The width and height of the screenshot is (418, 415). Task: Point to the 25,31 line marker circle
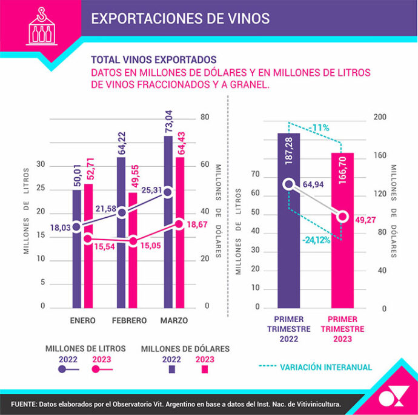coord(168,192)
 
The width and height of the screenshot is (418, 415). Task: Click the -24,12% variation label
coord(316,240)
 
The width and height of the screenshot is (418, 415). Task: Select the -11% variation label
coord(320,127)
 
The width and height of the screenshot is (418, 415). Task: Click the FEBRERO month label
coord(129,320)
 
